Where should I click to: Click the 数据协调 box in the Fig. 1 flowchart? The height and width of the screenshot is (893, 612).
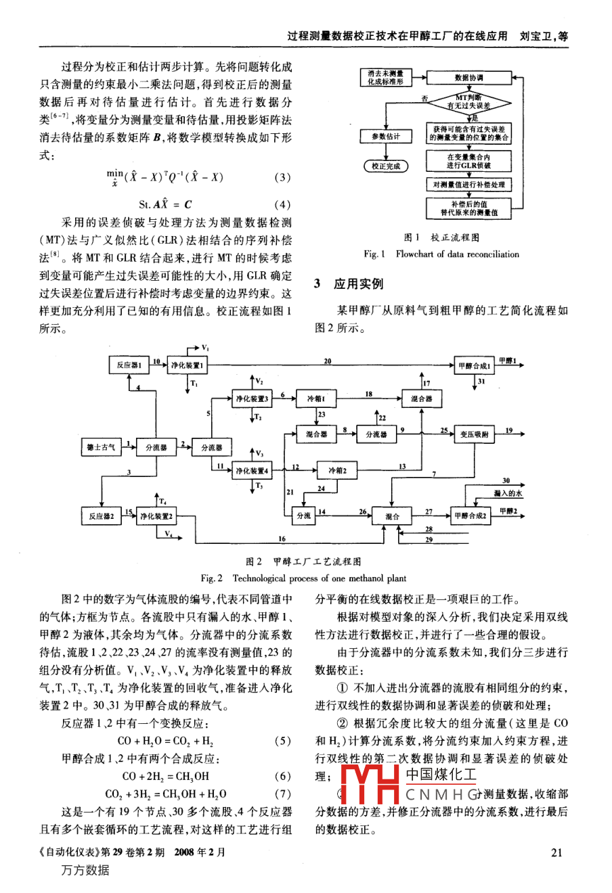[468, 78]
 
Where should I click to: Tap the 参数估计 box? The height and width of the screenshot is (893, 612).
[385, 136]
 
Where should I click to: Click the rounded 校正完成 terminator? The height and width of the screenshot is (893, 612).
[385, 166]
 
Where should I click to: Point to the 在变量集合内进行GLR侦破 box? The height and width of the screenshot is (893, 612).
[468, 160]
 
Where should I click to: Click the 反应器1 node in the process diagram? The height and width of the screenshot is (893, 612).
[128, 365]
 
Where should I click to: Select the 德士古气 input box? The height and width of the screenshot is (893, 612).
[100, 447]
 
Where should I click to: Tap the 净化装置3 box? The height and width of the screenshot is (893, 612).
[252, 399]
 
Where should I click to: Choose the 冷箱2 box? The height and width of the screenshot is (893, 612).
[337, 470]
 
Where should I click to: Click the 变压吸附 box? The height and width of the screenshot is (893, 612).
[474, 434]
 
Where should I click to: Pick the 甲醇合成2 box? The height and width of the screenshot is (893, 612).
[471, 516]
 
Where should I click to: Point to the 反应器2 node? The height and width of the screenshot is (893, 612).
[100, 516]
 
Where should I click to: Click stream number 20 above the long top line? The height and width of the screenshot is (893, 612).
[327, 361]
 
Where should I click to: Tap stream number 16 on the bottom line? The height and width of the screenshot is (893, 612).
[282, 539]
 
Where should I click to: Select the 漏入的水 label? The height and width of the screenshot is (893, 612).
[508, 494]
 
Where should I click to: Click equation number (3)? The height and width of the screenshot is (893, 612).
[282, 178]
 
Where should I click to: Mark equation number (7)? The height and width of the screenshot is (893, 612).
[282, 794]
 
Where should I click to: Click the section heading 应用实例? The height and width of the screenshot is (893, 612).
[358, 284]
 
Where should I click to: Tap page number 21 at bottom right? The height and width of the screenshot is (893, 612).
[556, 852]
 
